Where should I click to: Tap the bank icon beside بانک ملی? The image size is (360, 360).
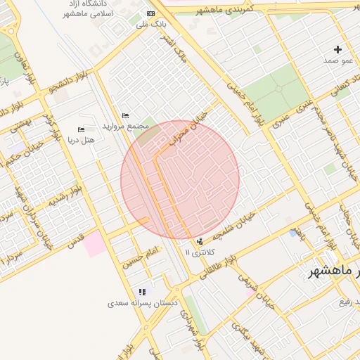click(150, 13)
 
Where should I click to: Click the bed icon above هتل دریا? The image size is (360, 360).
click(81, 129)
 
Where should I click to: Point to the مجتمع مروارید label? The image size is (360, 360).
click(126, 126)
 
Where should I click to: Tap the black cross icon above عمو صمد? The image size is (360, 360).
click(338, 49)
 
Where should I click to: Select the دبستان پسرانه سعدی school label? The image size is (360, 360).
click(143, 303)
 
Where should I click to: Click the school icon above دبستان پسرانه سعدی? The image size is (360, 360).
click(143, 292)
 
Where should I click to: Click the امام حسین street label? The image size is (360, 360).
click(143, 258)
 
